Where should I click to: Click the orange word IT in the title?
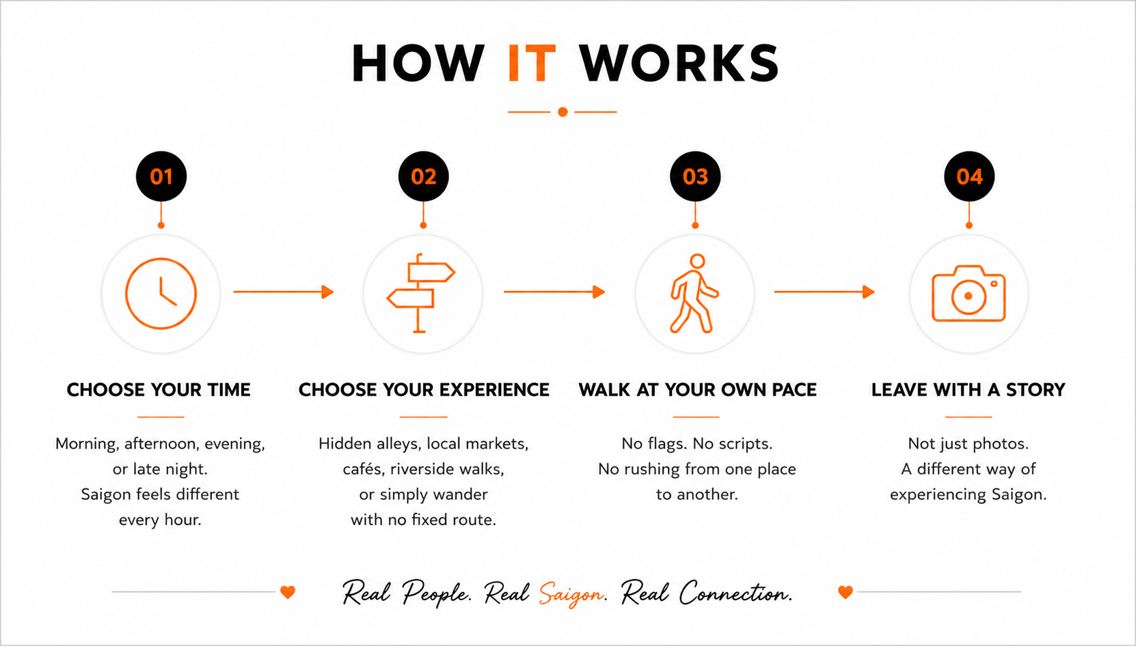click(x=532, y=63)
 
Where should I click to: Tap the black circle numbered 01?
click(x=161, y=176)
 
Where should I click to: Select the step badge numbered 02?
click(x=424, y=176)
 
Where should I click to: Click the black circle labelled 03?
click(x=695, y=176)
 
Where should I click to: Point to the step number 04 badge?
click(x=969, y=176)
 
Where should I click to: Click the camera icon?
click(x=933, y=294)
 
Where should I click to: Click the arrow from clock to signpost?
click(x=284, y=292)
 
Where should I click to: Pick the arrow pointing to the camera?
click(x=824, y=292)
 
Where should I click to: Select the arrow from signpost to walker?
click(x=554, y=292)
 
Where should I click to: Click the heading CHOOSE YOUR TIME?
click(x=159, y=390)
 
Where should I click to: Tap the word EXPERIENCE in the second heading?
click(x=494, y=390)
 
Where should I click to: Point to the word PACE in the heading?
click(x=794, y=390)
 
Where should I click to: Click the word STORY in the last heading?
click(x=1036, y=390)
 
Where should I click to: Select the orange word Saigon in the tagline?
click(x=571, y=593)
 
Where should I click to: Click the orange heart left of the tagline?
click(x=288, y=592)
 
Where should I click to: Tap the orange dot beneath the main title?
click(x=563, y=112)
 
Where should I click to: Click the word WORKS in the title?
click(x=679, y=63)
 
